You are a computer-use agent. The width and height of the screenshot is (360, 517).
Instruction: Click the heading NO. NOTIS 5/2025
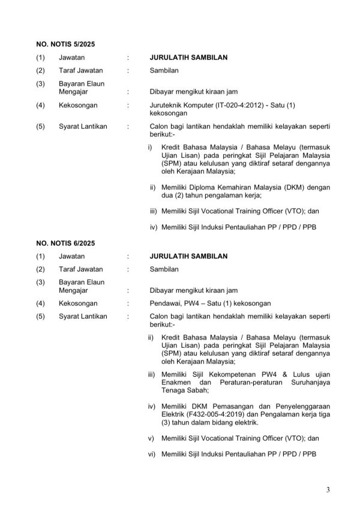click(x=65, y=44)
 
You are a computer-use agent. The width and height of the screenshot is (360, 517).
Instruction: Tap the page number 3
click(x=328, y=490)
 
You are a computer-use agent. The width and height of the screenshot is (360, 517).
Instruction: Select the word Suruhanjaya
click(x=306, y=381)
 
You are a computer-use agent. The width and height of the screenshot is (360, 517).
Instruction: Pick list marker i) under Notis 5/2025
click(x=150, y=147)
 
